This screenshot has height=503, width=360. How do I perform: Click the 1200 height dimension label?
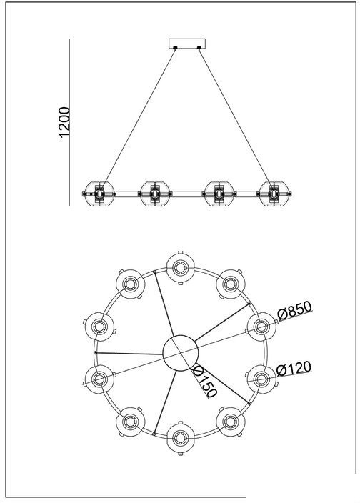click(64, 122)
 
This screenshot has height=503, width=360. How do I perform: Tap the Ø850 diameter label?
click(294, 310)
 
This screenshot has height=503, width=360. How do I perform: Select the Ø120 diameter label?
click(294, 369)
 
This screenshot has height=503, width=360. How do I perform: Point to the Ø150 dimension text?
click(205, 382)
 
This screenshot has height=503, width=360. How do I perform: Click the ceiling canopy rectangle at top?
click(187, 44)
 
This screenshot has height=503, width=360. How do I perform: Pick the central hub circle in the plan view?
click(181, 353)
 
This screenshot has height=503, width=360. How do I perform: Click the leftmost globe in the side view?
click(99, 194)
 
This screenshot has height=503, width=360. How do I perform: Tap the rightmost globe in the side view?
click(274, 194)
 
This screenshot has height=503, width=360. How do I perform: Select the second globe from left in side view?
click(155, 194)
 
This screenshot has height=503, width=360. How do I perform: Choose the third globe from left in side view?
click(219, 194)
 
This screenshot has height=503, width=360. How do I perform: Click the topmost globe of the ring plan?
click(181, 268)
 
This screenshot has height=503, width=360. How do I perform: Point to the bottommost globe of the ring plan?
click(181, 438)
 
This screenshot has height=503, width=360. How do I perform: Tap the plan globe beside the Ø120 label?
click(261, 379)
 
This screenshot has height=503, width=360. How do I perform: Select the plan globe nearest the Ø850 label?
click(262, 327)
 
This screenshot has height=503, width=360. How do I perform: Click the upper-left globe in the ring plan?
click(130, 284)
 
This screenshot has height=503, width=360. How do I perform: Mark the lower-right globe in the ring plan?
click(231, 422)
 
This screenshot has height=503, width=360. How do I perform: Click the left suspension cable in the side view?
click(140, 116)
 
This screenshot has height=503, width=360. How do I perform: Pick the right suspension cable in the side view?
click(236, 116)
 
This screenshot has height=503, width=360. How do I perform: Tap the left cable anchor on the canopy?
click(175, 48)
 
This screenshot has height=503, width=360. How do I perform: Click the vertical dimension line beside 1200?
click(69, 122)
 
